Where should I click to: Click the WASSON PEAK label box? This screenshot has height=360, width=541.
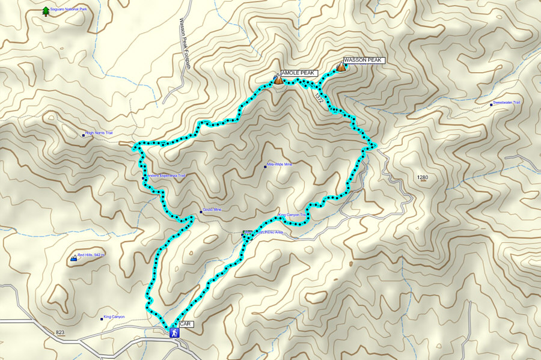point(364,60)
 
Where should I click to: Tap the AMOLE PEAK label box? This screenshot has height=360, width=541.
point(298,73)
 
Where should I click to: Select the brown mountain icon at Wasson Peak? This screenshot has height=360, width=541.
point(341,68)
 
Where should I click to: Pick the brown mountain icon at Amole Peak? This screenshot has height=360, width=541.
point(278,79)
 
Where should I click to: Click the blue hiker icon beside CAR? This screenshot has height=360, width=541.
point(174,332)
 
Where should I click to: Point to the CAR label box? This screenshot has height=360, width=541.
point(186,324)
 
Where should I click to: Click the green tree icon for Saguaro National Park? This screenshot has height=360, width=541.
point(46,11)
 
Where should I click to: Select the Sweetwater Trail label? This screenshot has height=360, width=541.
point(506,103)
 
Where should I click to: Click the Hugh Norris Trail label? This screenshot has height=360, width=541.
point(99,133)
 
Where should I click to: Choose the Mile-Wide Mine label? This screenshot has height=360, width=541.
point(280,165)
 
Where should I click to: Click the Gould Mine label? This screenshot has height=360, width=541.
point(212,210)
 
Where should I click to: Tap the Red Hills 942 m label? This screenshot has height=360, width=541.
point(91,255)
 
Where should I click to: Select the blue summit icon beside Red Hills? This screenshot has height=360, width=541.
point(74,258)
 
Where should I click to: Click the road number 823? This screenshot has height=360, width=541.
point(60,332)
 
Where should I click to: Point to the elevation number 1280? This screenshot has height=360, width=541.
point(423,177)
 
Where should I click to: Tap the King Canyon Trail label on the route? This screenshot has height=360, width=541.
point(293,215)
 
